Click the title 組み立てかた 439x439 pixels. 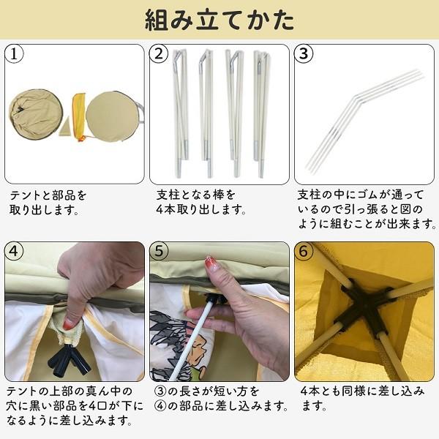(219, 19)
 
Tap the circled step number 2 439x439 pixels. (160, 53)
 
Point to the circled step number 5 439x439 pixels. (160, 249)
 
